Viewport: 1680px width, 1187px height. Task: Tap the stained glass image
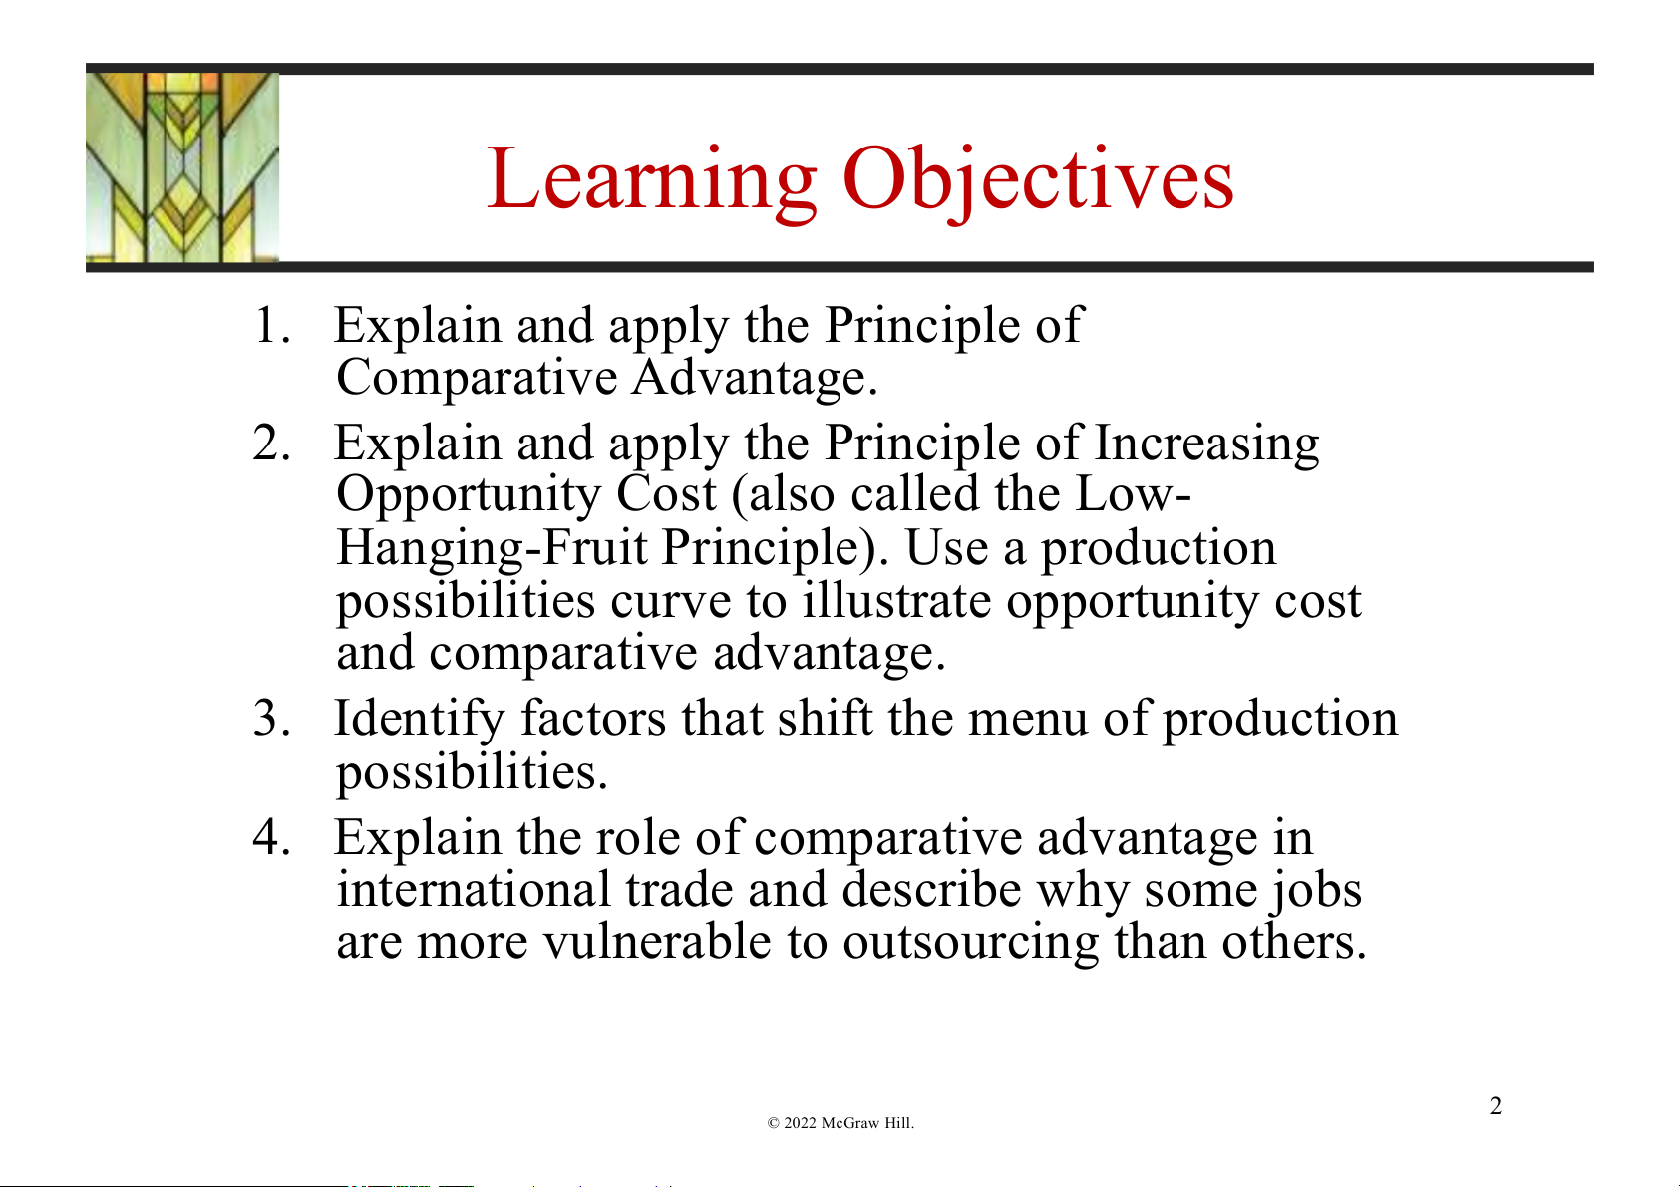pyautogui.click(x=182, y=167)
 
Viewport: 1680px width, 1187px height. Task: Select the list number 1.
pyautogui.click(x=271, y=326)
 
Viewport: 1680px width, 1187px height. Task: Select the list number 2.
pyautogui.click(x=271, y=443)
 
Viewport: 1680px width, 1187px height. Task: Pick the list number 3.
pyautogui.click(x=271, y=718)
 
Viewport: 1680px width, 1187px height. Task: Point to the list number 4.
pyautogui.click(x=271, y=837)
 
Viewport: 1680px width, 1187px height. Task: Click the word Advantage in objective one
pyautogui.click(x=755, y=377)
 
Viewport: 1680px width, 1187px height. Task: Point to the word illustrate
pyautogui.click(x=897, y=600)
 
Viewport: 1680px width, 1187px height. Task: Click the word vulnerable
pyautogui.click(x=657, y=941)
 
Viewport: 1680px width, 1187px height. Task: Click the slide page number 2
pyautogui.click(x=1495, y=1106)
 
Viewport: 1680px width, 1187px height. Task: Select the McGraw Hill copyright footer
pyautogui.click(x=840, y=1123)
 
